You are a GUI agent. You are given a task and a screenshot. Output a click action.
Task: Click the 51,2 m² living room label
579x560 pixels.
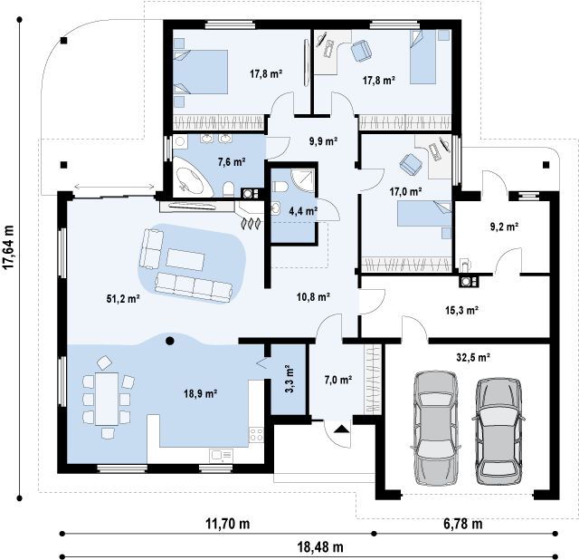point(123,298)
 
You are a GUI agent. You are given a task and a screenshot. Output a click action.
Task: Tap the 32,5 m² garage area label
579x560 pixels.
point(473,357)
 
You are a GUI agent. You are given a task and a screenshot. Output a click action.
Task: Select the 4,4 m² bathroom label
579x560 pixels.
point(303,211)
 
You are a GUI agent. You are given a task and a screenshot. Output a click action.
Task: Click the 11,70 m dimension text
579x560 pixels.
point(227,524)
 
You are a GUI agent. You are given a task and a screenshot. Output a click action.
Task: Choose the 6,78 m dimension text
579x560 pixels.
point(462,524)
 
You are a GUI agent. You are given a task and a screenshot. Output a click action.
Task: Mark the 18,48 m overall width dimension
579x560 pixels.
point(320,546)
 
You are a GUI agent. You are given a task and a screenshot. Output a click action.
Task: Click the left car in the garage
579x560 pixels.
point(436,428)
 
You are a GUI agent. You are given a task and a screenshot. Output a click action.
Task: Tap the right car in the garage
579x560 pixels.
point(498,431)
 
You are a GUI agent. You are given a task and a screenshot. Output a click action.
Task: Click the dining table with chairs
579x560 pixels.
point(107,399)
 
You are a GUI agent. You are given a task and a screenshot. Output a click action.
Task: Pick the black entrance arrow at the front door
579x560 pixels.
point(342,429)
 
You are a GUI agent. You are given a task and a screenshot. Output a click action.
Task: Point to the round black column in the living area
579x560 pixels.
point(170,341)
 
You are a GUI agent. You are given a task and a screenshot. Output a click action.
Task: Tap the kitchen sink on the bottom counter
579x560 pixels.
point(221,455)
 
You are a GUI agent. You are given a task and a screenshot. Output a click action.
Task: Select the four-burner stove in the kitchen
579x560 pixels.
point(256,434)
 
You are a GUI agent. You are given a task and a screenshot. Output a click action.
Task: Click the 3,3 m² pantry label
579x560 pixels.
point(289,379)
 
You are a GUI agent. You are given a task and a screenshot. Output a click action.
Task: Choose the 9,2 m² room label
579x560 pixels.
point(504,227)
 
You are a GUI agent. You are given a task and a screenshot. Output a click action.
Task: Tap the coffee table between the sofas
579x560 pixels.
point(185,260)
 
